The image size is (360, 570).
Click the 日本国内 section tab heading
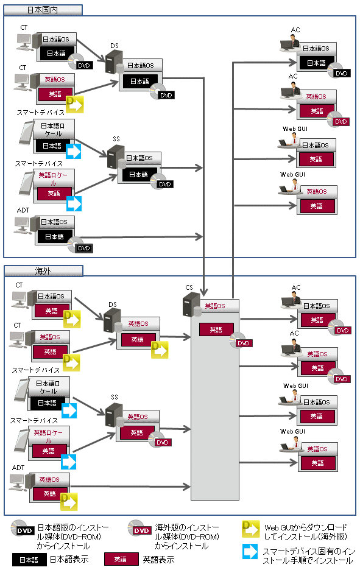point(43,10)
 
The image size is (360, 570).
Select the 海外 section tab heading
point(43,271)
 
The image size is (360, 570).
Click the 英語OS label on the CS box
point(215,306)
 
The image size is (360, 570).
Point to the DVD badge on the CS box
point(243,343)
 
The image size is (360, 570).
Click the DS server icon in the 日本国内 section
point(115,62)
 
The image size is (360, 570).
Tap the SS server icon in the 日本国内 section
point(116,157)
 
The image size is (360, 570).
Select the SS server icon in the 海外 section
point(115,415)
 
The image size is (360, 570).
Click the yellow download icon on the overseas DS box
point(159,350)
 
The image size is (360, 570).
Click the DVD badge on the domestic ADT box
point(83,248)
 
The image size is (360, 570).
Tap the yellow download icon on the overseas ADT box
point(69,502)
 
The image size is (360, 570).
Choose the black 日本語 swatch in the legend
point(29,560)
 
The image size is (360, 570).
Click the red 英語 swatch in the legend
point(121,560)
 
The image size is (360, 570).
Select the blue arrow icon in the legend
point(250,552)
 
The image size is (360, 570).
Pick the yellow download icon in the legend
point(250,529)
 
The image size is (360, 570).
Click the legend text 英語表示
point(158,560)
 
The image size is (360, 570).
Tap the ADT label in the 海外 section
point(18,468)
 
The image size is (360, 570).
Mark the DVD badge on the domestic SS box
point(164,185)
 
